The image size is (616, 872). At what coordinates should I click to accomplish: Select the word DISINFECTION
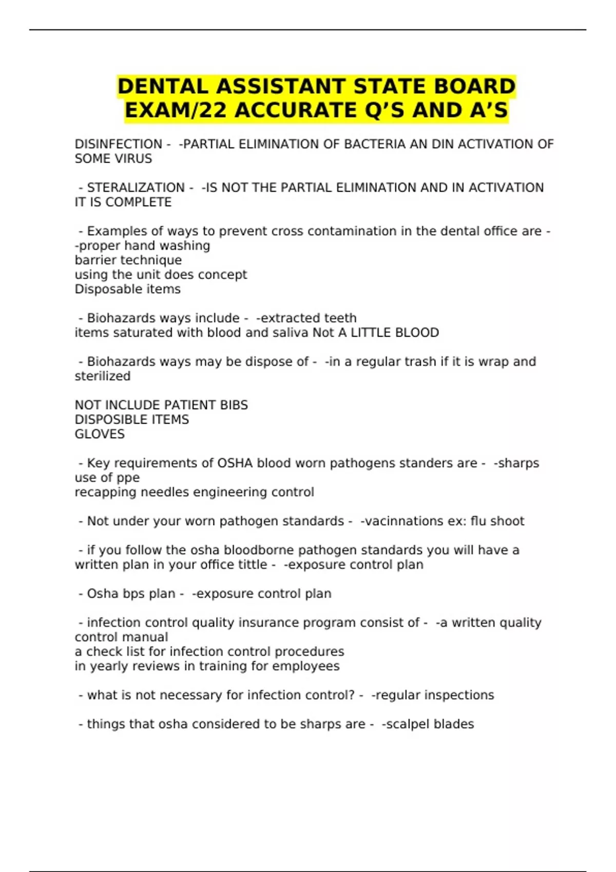click(119, 145)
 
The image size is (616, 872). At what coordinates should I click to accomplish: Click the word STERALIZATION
click(136, 188)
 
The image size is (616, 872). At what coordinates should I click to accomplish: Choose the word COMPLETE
click(139, 203)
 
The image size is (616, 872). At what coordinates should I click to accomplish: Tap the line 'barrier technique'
click(128, 261)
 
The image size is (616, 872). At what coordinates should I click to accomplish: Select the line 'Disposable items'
click(128, 289)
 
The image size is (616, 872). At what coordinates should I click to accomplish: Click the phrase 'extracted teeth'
click(309, 319)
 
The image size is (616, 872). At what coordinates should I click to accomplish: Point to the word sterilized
click(103, 376)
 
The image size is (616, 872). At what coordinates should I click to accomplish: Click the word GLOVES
click(100, 434)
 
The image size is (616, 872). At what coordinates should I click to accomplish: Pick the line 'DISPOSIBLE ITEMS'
click(132, 420)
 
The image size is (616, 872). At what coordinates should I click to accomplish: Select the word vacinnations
click(399, 522)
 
